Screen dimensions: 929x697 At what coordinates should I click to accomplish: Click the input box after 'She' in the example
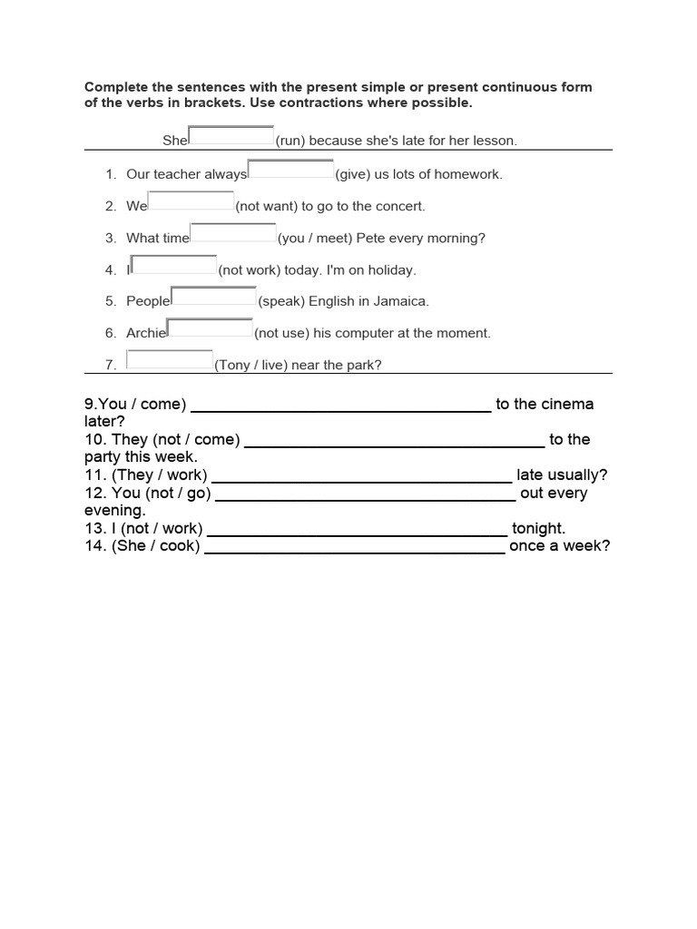pos(231,137)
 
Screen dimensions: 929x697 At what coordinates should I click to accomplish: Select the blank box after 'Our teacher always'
pos(290,170)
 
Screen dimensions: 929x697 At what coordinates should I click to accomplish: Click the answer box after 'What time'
pos(233,234)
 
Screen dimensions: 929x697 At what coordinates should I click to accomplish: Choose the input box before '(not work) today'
pos(174,266)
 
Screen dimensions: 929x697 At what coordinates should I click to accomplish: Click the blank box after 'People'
pos(214,297)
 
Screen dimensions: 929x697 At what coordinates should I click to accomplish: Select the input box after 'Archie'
pos(211,328)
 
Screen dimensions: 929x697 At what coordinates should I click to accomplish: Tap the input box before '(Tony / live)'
pos(170,361)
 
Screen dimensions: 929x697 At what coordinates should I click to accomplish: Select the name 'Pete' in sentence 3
pos(371,238)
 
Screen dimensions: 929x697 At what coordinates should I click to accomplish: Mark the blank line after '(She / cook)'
pos(355,547)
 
